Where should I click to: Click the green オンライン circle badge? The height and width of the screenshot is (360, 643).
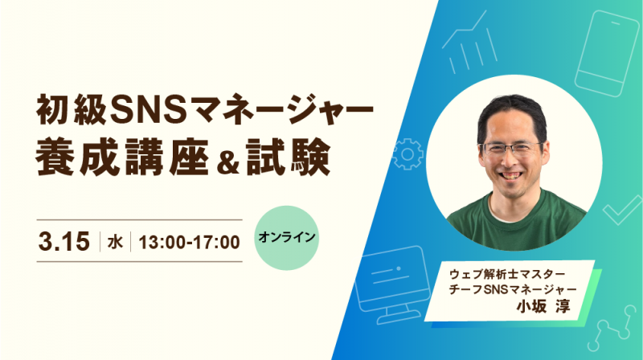coord(287,238)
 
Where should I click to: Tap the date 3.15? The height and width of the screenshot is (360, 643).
coord(64,241)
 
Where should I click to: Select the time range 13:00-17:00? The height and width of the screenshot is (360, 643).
coord(189,242)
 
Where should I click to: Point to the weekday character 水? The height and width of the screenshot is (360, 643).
coord(115,242)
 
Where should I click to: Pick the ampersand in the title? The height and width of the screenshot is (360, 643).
coord(228,162)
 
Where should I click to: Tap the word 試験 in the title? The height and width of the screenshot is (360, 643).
coord(289,157)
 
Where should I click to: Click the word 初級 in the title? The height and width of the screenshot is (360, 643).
coord(72,109)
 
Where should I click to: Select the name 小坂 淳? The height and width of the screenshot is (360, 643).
coord(543,306)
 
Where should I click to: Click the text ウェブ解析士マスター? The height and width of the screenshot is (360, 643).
coord(507,273)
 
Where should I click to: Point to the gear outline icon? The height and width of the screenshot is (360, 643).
coord(407,154)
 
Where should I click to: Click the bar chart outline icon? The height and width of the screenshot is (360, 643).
coord(470,43)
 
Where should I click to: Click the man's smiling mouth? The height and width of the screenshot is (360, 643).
coord(510,174)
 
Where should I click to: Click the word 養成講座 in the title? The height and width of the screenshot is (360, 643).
coord(122,157)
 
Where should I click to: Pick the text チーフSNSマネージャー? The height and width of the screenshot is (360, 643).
coord(513,289)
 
